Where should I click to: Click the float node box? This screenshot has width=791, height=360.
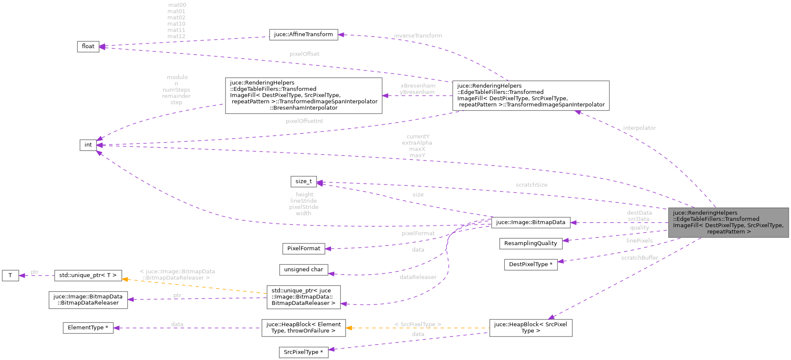click(88, 47)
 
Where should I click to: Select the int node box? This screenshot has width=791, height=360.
click(88, 145)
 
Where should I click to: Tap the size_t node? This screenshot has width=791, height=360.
click(303, 181)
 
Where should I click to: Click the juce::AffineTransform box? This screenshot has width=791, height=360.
click(303, 35)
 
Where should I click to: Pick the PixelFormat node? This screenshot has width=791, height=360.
click(303, 249)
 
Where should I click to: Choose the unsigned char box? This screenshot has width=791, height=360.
click(303, 269)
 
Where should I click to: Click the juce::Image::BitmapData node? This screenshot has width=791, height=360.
click(530, 222)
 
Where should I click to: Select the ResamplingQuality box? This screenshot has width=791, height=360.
click(530, 243)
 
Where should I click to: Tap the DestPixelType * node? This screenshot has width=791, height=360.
click(530, 264)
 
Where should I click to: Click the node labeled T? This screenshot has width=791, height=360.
click(10, 275)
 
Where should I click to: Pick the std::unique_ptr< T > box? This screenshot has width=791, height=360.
click(88, 275)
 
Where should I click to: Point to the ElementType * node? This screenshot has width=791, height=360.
click(88, 328)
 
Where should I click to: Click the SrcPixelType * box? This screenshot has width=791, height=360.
click(303, 352)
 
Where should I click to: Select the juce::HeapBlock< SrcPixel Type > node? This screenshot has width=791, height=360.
click(530, 328)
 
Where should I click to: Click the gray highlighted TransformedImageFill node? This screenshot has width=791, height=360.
click(728, 222)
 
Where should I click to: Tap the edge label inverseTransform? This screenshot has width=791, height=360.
click(418, 36)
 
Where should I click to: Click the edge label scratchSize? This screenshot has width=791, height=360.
click(531, 185)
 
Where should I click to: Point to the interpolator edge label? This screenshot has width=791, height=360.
click(639, 128)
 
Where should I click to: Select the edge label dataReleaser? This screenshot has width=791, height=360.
click(418, 277)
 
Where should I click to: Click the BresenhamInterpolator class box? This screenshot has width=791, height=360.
click(303, 95)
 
